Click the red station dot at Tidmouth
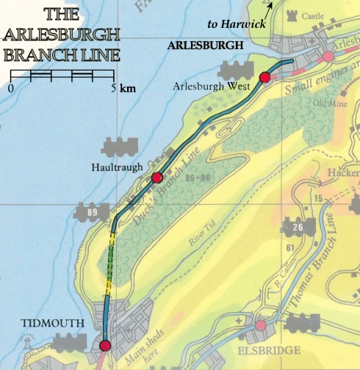pos(104,345)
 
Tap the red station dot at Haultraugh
pos(156,178)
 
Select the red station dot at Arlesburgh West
pos(264,77)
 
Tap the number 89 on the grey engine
pos(93,213)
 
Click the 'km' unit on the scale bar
pos(127,88)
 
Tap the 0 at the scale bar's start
pos(11,88)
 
